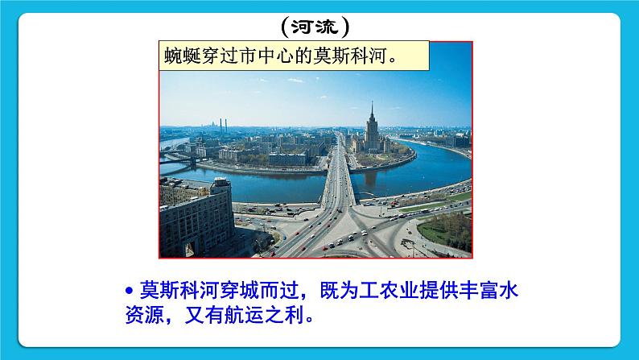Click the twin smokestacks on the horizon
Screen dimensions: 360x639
[224, 125]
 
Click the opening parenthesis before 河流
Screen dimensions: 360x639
[287, 28]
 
